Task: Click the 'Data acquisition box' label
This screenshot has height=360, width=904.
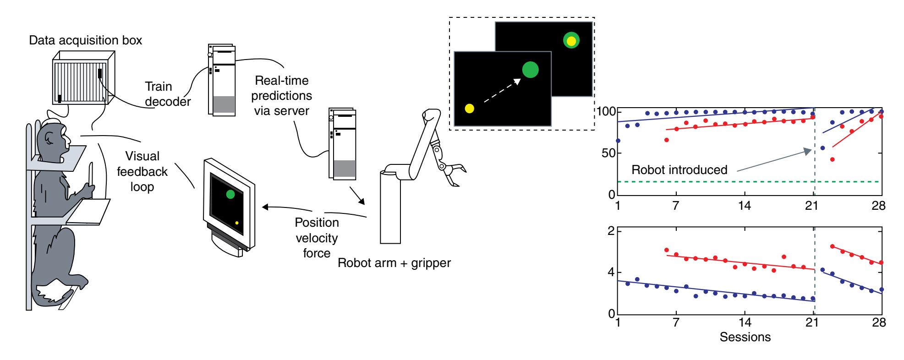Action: tap(85, 40)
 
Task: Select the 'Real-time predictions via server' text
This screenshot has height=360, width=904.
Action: tap(281, 96)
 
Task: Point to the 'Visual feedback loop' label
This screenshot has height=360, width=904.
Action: tap(142, 171)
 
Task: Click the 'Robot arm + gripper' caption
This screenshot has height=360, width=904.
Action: tap(394, 263)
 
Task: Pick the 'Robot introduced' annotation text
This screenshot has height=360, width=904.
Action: tap(679, 170)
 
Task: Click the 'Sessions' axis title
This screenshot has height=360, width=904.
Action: tap(745, 338)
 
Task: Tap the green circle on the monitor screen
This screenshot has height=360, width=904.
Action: tap(230, 194)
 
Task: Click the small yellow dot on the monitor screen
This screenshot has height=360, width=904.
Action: tap(237, 223)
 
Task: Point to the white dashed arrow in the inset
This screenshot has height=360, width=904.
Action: tap(502, 89)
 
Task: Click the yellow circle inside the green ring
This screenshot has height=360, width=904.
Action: tap(571, 41)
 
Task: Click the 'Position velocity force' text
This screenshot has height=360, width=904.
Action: tap(317, 238)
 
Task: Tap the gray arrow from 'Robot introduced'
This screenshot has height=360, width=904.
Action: tap(774, 161)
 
